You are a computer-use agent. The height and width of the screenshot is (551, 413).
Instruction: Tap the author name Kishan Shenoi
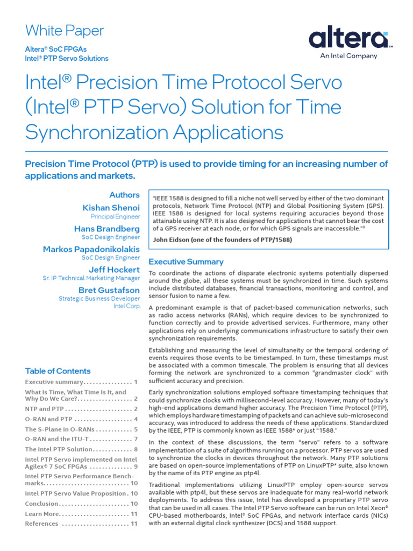click(111, 208)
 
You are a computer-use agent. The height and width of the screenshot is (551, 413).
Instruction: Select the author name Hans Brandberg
click(106, 229)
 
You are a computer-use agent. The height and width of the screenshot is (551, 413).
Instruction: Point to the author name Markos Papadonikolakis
click(91, 249)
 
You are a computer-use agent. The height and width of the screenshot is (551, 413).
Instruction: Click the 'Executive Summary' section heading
click(186, 262)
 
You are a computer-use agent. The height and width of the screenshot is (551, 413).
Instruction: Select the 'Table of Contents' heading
click(58, 371)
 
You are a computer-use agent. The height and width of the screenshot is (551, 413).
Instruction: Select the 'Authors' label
click(124, 195)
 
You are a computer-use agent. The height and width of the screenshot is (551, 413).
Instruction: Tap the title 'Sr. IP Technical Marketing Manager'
click(91, 278)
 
